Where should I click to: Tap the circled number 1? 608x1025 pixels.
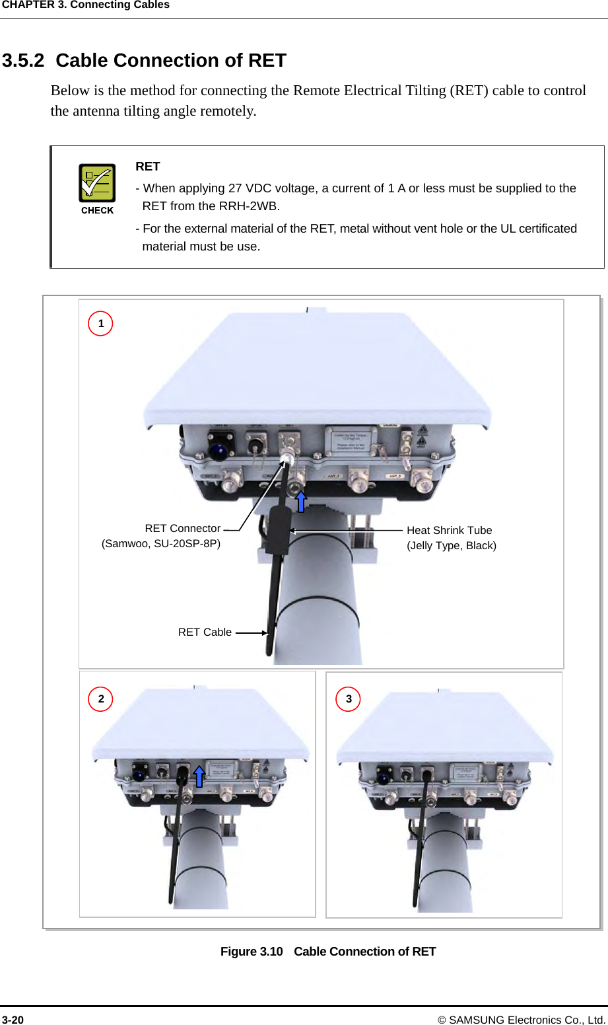(101, 324)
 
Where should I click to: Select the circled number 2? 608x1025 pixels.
(101, 699)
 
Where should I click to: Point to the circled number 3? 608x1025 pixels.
(349, 699)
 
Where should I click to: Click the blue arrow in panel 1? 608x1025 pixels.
(301, 502)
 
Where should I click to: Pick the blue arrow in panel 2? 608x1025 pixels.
(199, 776)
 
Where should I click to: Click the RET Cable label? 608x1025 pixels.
(205, 632)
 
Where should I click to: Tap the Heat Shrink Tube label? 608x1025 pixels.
(449, 530)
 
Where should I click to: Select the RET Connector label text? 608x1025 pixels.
(182, 529)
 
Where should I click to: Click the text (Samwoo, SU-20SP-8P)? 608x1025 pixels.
(161, 544)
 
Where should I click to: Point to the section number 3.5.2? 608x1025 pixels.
(23, 61)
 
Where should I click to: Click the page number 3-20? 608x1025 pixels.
(13, 1020)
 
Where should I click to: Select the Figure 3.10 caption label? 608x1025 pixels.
(252, 952)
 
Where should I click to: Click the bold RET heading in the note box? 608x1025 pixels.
(148, 167)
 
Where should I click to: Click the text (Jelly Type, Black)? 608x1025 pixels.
(452, 546)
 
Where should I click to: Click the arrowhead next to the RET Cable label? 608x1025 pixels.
(264, 632)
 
